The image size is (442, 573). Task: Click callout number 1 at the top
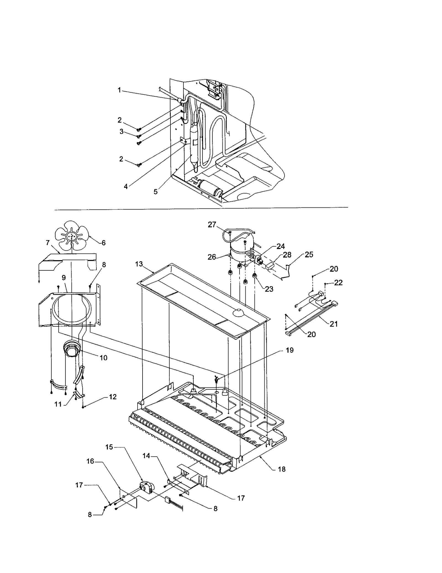(x=119, y=90)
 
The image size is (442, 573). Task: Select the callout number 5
(x=156, y=192)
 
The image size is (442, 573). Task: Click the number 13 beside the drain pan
(x=139, y=264)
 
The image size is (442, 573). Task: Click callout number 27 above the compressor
(x=212, y=225)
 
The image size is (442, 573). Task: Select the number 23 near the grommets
(x=269, y=289)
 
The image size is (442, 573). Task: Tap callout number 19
(x=290, y=350)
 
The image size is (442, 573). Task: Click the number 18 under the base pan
(x=281, y=469)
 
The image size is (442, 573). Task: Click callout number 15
(x=109, y=447)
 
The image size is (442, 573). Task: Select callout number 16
(x=90, y=461)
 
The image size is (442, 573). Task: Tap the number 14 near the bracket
(x=146, y=456)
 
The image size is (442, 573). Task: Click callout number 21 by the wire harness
(x=334, y=324)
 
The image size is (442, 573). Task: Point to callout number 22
(x=338, y=282)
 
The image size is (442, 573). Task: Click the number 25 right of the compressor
(x=309, y=255)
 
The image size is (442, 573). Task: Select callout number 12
(x=113, y=397)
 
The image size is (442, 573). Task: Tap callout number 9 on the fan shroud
(x=64, y=278)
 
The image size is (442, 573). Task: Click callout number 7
(x=48, y=243)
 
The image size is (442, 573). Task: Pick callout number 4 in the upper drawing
(x=126, y=187)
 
